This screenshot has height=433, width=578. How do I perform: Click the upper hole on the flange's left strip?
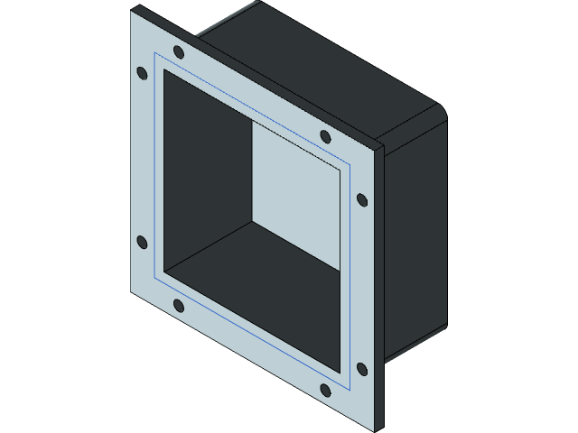141,73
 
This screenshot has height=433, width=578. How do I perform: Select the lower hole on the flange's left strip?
141,241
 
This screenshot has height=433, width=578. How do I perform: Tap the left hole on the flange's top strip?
178,51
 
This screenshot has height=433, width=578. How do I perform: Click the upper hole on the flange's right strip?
362,198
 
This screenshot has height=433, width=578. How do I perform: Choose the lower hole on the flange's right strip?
362,368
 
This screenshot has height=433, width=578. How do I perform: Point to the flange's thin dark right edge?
380,289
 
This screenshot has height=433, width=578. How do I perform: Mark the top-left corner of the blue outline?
155,53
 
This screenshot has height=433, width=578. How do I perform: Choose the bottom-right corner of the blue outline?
349,389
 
